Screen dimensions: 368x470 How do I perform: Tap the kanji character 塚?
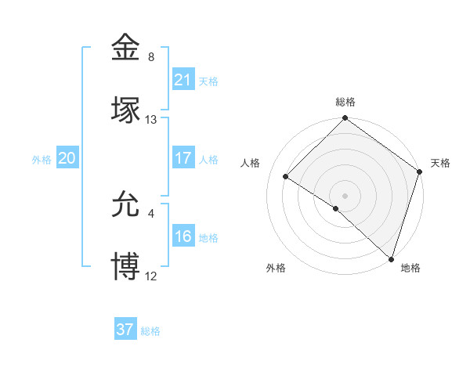click(x=126, y=110)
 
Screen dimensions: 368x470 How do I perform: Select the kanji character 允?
click(x=126, y=204)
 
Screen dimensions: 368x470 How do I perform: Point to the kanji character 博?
click(x=126, y=266)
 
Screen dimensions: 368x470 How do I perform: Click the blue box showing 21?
click(x=183, y=80)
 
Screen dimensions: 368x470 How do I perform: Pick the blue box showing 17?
click(x=183, y=158)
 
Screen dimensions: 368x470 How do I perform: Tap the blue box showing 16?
click(x=183, y=236)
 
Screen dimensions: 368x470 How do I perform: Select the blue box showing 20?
click(x=67, y=158)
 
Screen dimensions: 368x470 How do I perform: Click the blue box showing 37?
click(x=125, y=330)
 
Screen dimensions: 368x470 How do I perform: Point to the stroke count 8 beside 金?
click(x=151, y=57)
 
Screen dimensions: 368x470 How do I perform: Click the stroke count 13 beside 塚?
click(x=151, y=120)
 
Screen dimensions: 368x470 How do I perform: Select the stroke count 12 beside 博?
click(x=151, y=276)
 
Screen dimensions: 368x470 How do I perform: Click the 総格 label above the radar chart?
click(x=345, y=103)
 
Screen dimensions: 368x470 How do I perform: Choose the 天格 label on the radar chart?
click(x=440, y=163)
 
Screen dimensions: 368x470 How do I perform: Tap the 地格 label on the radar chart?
click(x=410, y=268)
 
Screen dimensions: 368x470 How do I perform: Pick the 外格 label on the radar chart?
click(x=276, y=268)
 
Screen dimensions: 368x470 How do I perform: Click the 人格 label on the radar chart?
click(x=251, y=163)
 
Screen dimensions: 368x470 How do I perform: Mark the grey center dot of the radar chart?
click(x=345, y=194)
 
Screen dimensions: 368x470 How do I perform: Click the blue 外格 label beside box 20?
click(x=42, y=159)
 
